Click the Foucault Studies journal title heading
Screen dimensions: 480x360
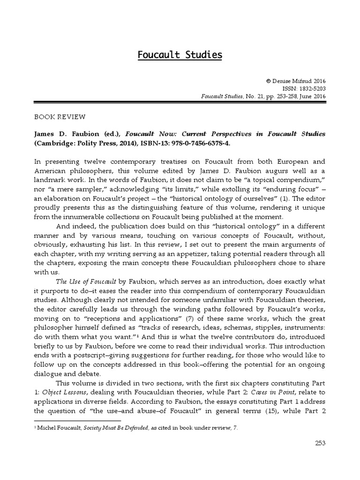point(180,55)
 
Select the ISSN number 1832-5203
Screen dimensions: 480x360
point(311,88)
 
